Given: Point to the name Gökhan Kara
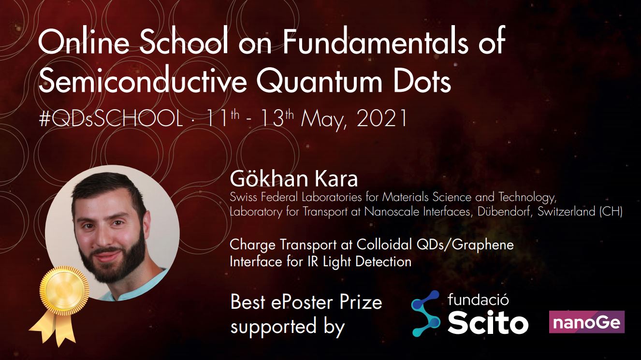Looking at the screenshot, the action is coord(293,179).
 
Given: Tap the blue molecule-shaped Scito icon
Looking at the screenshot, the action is coord(425,314).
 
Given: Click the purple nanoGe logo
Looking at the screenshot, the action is coord(587,322).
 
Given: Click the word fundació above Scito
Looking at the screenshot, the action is coord(478,300).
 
